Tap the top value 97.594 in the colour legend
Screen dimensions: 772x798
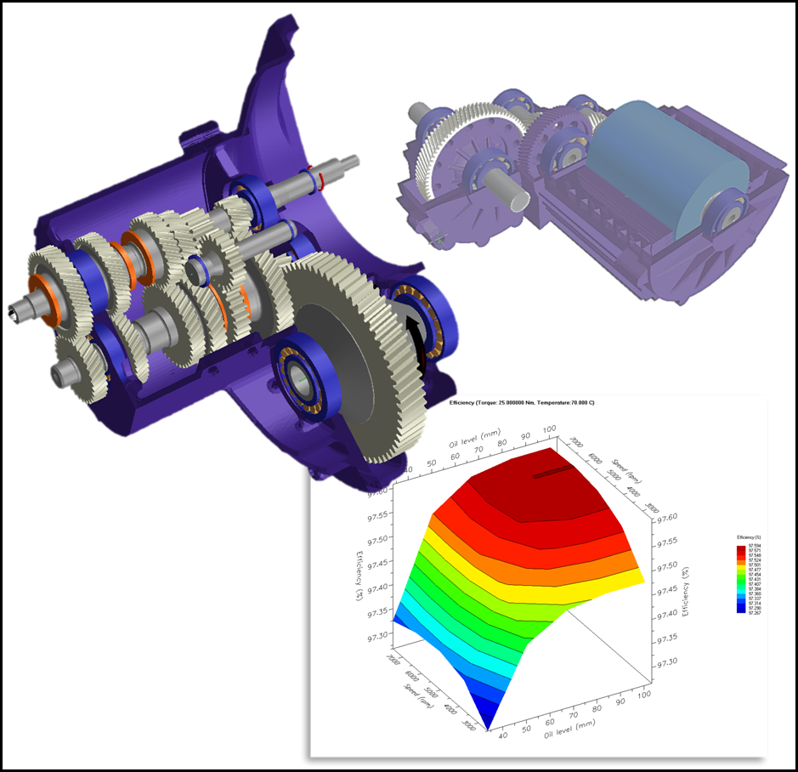tap(749, 546)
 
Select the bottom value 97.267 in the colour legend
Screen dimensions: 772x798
tap(749, 612)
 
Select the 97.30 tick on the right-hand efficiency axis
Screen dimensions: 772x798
tap(665, 661)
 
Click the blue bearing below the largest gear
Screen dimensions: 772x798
tap(299, 373)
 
